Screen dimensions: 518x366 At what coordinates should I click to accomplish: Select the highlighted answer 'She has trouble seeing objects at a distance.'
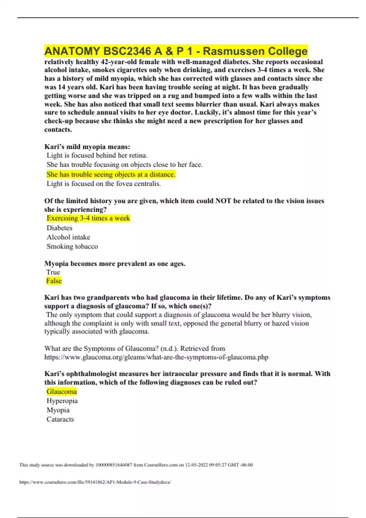click(111, 175)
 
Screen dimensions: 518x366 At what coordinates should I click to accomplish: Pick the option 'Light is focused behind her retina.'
click(97, 155)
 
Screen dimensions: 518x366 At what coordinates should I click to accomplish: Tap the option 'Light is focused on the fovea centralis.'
click(104, 184)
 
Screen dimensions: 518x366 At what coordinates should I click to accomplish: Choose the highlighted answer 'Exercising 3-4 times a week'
click(88, 218)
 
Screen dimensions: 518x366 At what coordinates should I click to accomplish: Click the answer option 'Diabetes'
click(59, 228)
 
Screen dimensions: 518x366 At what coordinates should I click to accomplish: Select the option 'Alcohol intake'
click(68, 237)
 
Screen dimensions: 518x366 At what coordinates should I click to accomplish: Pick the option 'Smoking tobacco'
click(72, 247)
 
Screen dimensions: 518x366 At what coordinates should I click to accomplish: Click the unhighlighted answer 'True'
click(53, 272)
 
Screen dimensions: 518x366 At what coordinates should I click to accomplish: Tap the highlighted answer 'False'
click(54, 281)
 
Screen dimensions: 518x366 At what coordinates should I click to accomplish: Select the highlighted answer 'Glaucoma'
click(62, 392)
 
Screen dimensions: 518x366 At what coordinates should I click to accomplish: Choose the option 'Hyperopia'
click(62, 401)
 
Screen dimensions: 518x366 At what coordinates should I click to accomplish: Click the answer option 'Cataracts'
click(60, 419)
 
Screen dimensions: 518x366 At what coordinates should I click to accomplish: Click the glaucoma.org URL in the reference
click(156, 357)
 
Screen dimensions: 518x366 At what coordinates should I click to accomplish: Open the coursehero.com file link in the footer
click(95, 482)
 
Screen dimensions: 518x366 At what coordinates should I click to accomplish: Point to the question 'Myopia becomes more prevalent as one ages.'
click(115, 264)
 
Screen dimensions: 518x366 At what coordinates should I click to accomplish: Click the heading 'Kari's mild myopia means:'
click(87, 147)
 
